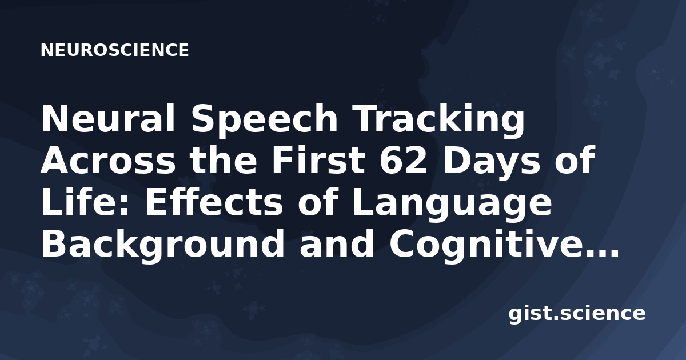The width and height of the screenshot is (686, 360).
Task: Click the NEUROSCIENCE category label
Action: pyautogui.click(x=114, y=50)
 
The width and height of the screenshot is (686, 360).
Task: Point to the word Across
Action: pyautogui.click(x=108, y=161)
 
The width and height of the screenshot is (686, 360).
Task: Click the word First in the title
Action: pyautogui.click(x=318, y=160)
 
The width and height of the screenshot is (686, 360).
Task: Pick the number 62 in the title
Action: pyautogui.click(x=403, y=160)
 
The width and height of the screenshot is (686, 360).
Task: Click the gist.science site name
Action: pyautogui.click(x=577, y=314)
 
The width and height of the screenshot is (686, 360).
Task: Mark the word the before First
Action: pyautogui.click(x=224, y=160)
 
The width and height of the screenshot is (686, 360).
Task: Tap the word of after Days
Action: pyautogui.click(x=575, y=160)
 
